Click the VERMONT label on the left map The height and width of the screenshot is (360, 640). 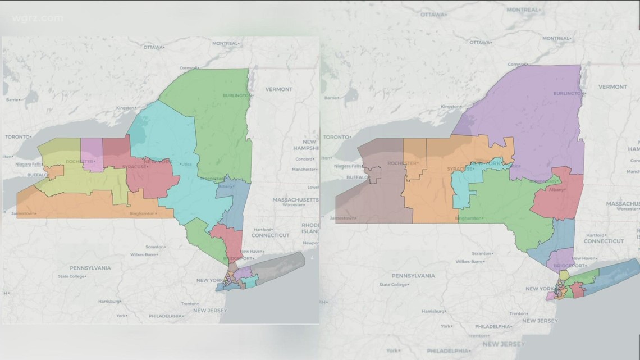(x=278, y=89)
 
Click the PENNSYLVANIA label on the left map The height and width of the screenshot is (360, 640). (x=90, y=268)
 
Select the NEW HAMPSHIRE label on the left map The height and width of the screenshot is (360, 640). (x=306, y=145)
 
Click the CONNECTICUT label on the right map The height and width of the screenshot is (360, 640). (x=604, y=241)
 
